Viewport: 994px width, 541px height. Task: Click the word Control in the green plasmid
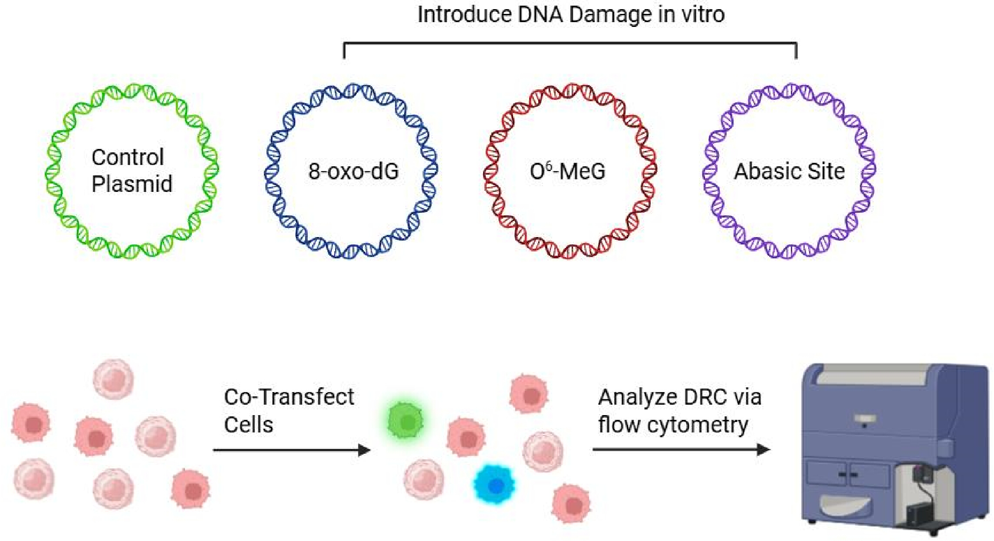point(128,157)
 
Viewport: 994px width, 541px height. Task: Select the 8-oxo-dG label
point(353,171)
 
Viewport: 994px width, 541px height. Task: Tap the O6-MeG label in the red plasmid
point(567,171)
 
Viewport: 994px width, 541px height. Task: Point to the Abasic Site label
point(789,171)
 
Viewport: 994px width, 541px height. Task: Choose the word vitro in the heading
point(702,14)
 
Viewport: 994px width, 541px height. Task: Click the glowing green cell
point(405,421)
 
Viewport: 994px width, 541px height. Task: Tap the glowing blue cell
point(494,485)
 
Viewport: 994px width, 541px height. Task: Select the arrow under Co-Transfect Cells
point(292,450)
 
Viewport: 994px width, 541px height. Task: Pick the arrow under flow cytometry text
point(681,449)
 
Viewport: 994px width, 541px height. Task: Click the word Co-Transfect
point(289,397)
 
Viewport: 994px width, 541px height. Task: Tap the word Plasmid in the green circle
point(132,184)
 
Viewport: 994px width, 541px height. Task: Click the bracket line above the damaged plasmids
point(570,43)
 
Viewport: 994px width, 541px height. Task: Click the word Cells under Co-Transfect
point(248,425)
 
